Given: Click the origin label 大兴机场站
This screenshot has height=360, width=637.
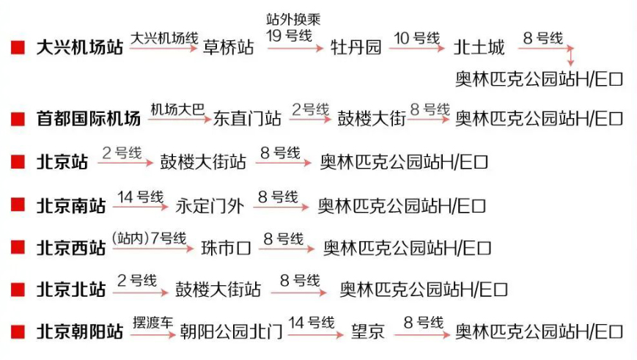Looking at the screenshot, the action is pyautogui.click(x=79, y=48).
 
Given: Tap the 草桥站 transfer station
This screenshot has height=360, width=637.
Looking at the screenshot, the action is pyautogui.click(x=229, y=48).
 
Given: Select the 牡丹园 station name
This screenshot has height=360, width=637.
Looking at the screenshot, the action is pyautogui.click(x=356, y=48).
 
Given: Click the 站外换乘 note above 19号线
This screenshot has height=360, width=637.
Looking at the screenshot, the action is pyautogui.click(x=293, y=19).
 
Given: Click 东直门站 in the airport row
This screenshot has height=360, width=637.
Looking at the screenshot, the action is pyautogui.click(x=247, y=118).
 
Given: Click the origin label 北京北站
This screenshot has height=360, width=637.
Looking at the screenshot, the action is pyautogui.click(x=71, y=290).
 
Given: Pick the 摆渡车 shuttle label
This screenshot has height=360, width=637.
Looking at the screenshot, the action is pyautogui.click(x=153, y=322).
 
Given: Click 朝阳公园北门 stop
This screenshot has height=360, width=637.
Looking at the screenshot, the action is pyautogui.click(x=231, y=332).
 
